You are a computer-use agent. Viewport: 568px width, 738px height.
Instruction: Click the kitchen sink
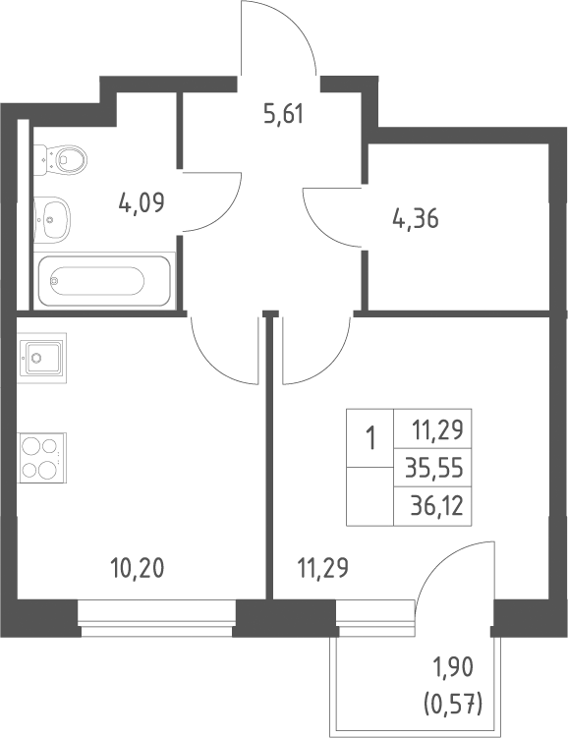pos(42,358)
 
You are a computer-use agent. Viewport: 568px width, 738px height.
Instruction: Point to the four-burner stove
pos(42,458)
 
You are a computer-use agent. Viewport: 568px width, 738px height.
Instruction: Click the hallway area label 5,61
pos(284,114)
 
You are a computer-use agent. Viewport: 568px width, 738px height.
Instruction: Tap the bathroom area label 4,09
pos(142,203)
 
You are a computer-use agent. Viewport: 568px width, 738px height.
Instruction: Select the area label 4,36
pos(416,219)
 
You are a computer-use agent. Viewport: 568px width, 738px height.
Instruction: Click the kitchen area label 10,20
pos(138,568)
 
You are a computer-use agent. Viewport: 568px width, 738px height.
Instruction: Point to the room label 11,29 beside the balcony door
pos(323,568)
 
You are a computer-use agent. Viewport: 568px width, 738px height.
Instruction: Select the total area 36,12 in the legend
pos(436,506)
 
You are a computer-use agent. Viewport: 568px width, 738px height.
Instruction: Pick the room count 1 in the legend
pos(371,438)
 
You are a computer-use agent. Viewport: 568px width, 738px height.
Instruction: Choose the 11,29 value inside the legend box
pos(437,429)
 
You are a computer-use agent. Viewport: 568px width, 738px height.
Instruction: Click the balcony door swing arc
pos(435,558)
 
